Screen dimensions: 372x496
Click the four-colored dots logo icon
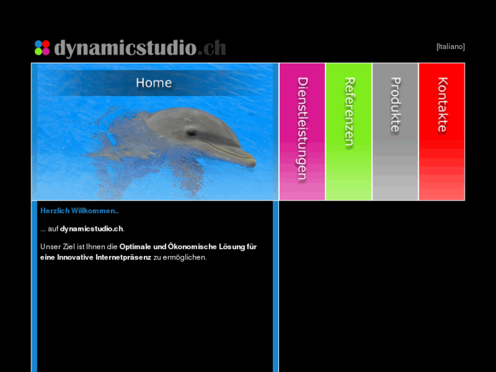42,48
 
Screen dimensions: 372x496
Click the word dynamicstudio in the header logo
125,48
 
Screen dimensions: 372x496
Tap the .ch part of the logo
213,48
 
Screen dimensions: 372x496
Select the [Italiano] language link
450,46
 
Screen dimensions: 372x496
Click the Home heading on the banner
154,83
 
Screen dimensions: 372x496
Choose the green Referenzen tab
349,113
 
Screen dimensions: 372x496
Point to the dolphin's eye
192,132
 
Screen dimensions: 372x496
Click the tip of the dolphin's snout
254,163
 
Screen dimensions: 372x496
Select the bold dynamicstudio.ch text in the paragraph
92,229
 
